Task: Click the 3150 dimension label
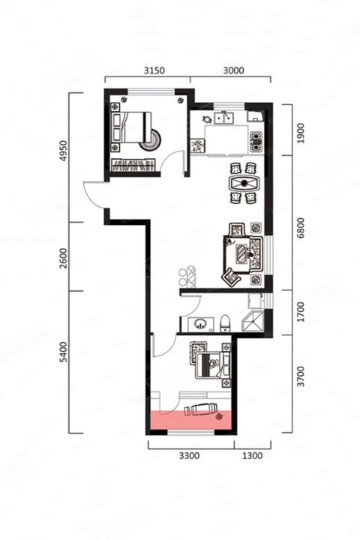[154, 70]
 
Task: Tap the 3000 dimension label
[233, 70]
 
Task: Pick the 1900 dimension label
[301, 133]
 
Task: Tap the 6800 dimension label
[301, 228]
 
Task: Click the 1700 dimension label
[301, 312]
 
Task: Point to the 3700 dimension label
[301, 376]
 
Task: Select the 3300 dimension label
[189, 456]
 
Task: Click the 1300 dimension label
[253, 456]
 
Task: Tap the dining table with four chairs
[244, 183]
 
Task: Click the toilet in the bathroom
[225, 323]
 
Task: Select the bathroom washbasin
[200, 324]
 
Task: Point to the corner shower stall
[253, 321]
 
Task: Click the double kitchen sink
[224, 118]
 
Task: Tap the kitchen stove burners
[256, 142]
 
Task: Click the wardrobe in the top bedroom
[133, 165]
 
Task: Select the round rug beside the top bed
[151, 139]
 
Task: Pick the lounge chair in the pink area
[200, 409]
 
